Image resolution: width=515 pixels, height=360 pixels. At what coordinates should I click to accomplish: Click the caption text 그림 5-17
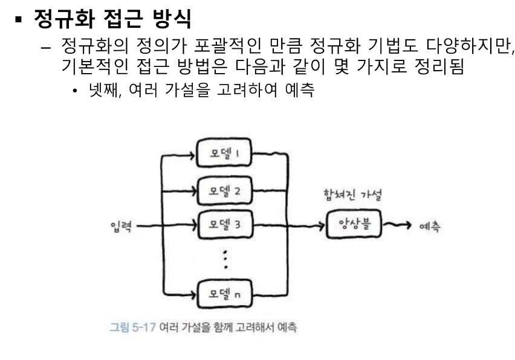click(131, 327)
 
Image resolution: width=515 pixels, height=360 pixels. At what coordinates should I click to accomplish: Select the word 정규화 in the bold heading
click(60, 21)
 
